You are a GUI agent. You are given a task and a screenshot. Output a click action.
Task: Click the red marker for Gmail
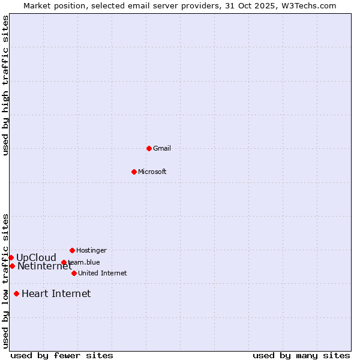click(x=149, y=148)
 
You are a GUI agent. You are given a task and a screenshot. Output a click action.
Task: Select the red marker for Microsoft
click(x=134, y=172)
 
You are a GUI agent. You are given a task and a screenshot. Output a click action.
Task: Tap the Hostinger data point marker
click(x=72, y=250)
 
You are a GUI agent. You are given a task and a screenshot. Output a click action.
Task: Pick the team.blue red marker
click(x=64, y=262)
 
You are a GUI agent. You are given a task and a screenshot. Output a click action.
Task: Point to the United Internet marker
click(x=74, y=273)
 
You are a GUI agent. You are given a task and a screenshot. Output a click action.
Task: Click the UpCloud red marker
click(x=11, y=257)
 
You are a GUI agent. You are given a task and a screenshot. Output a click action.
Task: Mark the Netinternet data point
click(x=12, y=266)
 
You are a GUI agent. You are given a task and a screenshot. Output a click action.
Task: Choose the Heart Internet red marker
click(x=16, y=293)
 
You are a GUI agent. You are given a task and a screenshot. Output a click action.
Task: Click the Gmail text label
click(x=162, y=148)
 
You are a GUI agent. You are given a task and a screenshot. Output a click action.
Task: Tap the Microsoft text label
click(x=152, y=172)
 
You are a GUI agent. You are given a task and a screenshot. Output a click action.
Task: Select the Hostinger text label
click(x=91, y=250)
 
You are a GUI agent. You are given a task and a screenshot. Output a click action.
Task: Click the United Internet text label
click(x=102, y=273)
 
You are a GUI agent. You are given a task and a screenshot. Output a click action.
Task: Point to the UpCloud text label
click(x=36, y=257)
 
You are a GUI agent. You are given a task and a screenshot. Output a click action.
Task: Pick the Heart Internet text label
click(x=56, y=293)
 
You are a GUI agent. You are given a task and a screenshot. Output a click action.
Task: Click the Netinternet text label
click(x=44, y=266)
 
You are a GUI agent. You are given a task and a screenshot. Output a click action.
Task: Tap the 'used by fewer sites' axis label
click(x=62, y=355)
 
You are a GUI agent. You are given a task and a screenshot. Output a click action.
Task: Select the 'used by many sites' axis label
click(x=301, y=355)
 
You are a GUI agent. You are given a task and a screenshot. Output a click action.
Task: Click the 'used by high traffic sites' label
click(x=5, y=85)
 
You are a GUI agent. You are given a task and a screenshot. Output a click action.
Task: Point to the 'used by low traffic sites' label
click(x=5, y=280)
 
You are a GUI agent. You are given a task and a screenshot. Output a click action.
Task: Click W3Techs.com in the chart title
click(x=306, y=5)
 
